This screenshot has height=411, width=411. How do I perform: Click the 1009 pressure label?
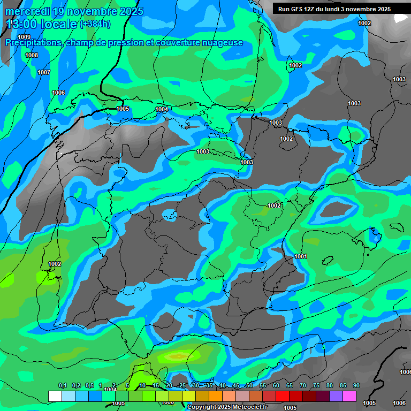(x=24, y=37)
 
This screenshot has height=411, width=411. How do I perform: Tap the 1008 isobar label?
(x=32, y=55)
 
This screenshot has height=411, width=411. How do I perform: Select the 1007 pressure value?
(x=44, y=72)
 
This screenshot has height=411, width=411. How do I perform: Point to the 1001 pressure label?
(x=301, y=256)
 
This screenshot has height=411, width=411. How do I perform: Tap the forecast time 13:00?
(x=24, y=24)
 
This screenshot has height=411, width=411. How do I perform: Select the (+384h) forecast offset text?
(x=95, y=24)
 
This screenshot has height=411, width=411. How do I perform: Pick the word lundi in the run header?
(x=330, y=9)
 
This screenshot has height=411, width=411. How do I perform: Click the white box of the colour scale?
(x=55, y=397)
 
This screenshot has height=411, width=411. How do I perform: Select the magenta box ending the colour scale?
(x=349, y=397)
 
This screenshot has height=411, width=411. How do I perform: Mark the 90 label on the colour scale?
(x=356, y=385)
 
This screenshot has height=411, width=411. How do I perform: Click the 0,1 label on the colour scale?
(x=62, y=385)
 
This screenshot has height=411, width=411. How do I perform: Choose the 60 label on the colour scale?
(x=276, y=385)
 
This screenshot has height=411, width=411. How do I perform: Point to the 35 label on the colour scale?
(x=209, y=385)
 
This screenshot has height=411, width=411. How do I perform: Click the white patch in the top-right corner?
(x=401, y=18)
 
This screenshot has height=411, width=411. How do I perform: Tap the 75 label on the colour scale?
(x=316, y=385)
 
